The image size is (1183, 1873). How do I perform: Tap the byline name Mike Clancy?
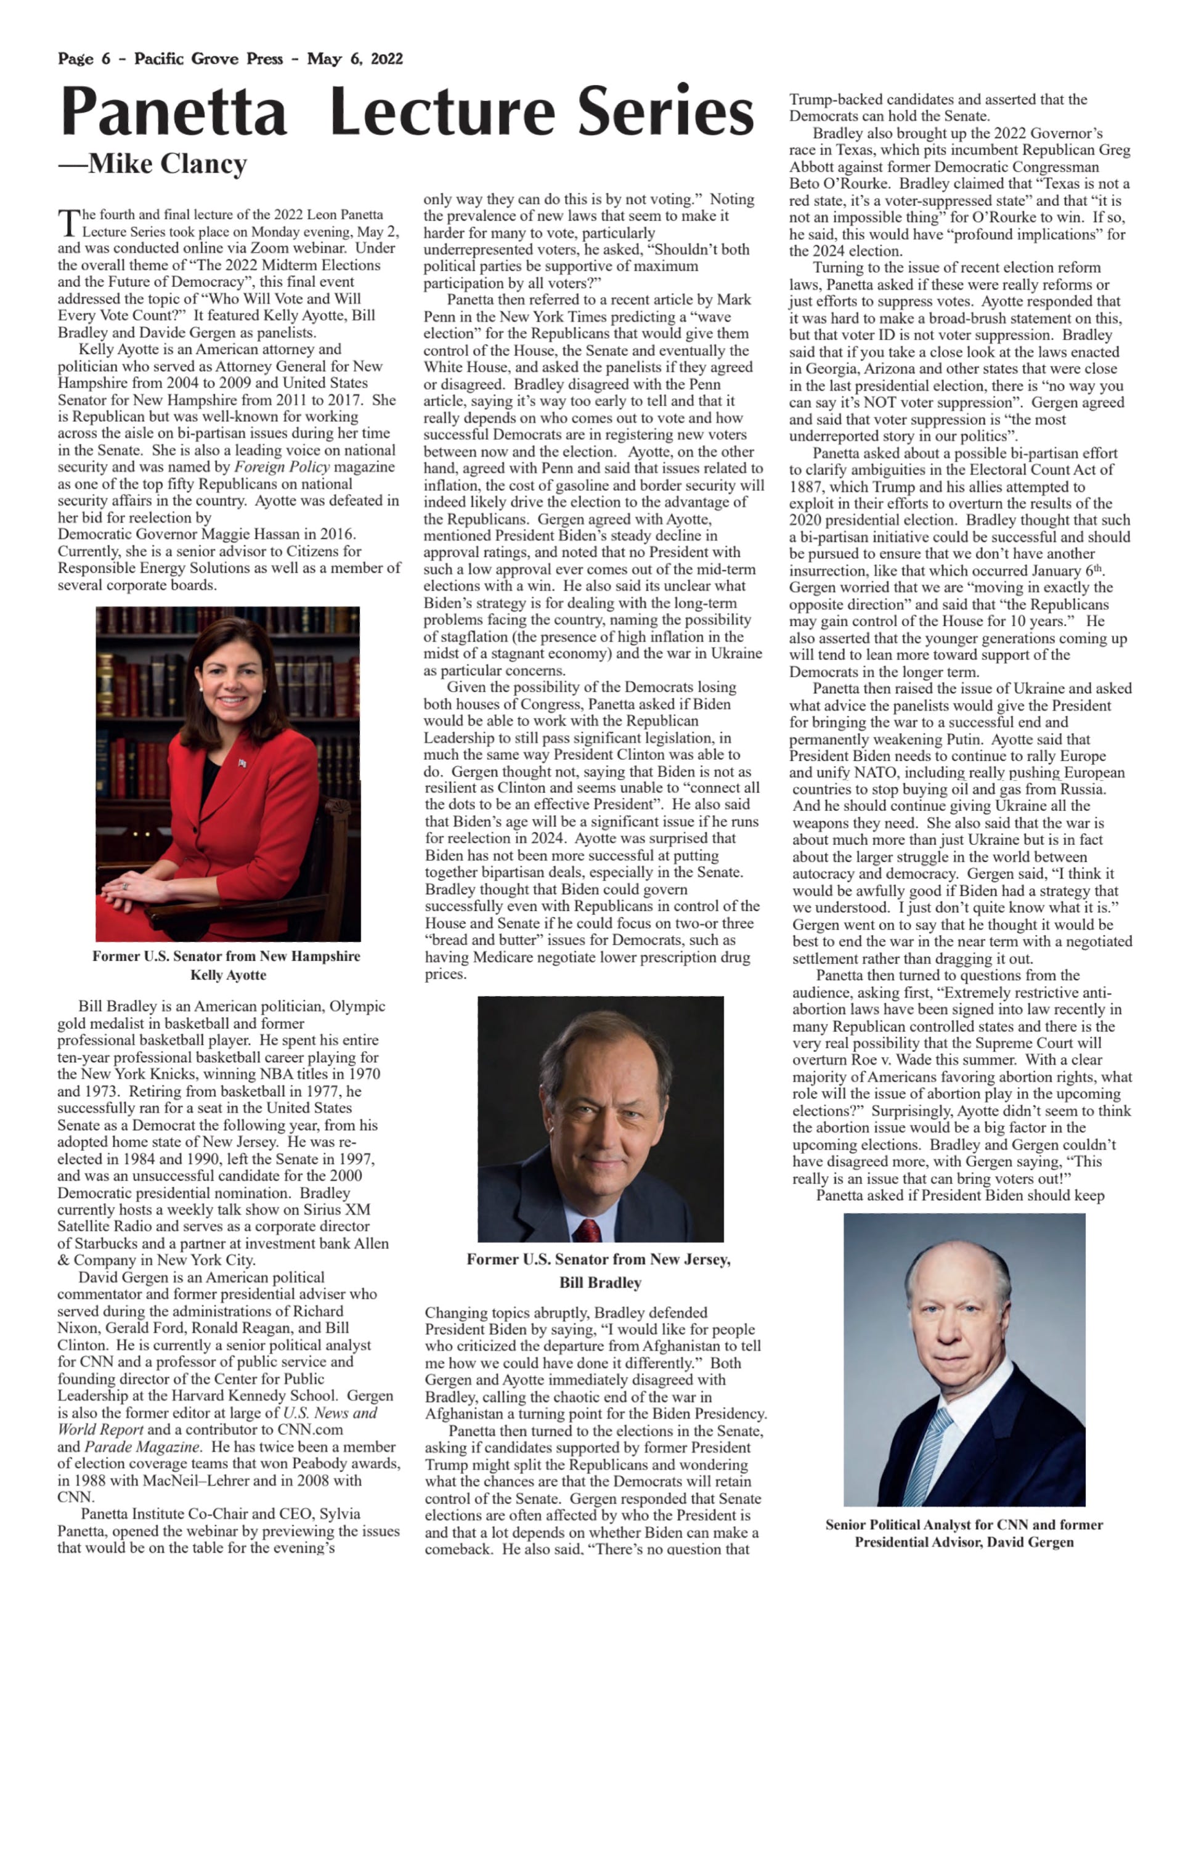[x=167, y=164]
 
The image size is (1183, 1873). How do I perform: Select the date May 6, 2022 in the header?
[x=355, y=59]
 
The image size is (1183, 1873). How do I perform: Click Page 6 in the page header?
[x=84, y=59]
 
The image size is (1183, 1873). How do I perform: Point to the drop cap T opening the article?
[x=68, y=222]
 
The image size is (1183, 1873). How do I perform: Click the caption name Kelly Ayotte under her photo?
[x=228, y=975]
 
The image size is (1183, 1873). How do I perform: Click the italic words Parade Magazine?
[x=140, y=1447]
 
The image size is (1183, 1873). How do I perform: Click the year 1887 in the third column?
[x=806, y=487]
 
